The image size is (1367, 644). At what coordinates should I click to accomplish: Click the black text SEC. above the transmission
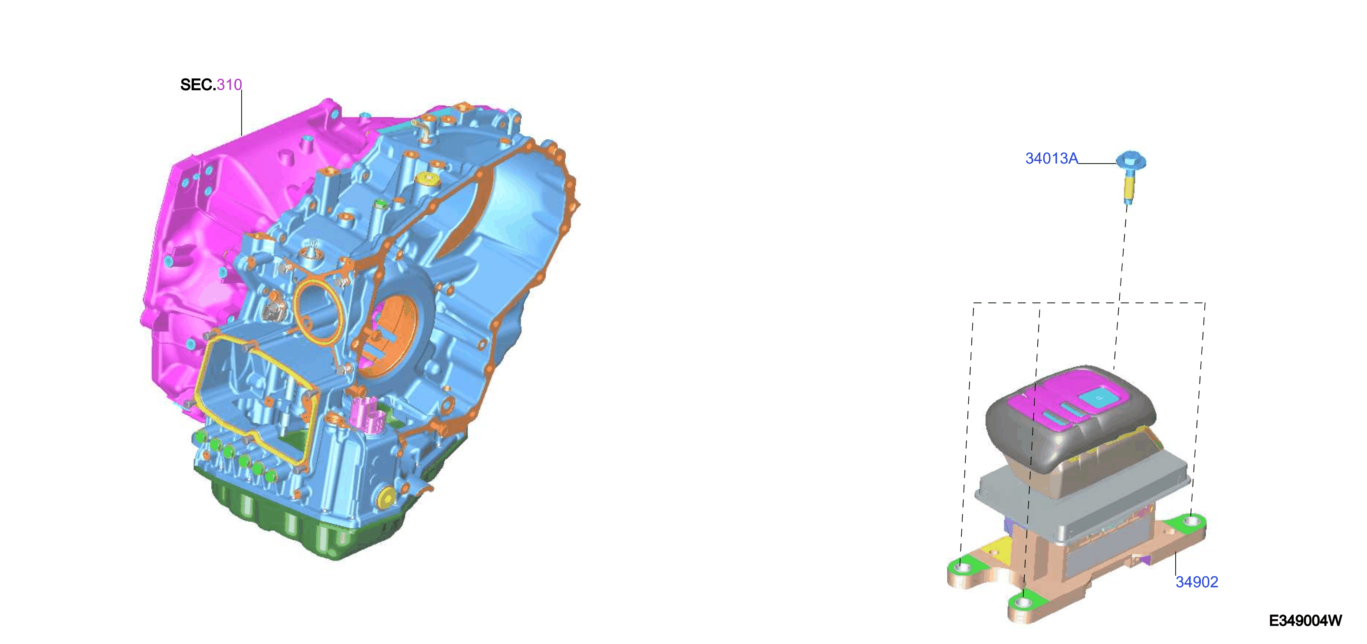pyautogui.click(x=198, y=85)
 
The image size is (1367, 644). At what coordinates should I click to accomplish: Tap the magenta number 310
pyautogui.click(x=229, y=85)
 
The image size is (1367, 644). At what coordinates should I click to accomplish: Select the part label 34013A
pyautogui.click(x=1052, y=158)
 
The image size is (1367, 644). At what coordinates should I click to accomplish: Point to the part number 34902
pyautogui.click(x=1197, y=582)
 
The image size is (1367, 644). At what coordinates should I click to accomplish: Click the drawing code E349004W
pyautogui.click(x=1305, y=621)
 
